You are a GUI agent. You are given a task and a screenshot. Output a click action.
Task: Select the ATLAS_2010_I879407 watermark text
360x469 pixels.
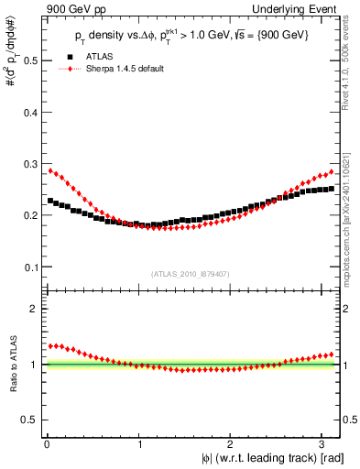click(191, 273)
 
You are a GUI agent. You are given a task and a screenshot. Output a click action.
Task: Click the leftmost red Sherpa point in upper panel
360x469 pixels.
click(50, 170)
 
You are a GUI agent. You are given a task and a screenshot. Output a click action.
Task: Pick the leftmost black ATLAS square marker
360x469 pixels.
click(50, 201)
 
